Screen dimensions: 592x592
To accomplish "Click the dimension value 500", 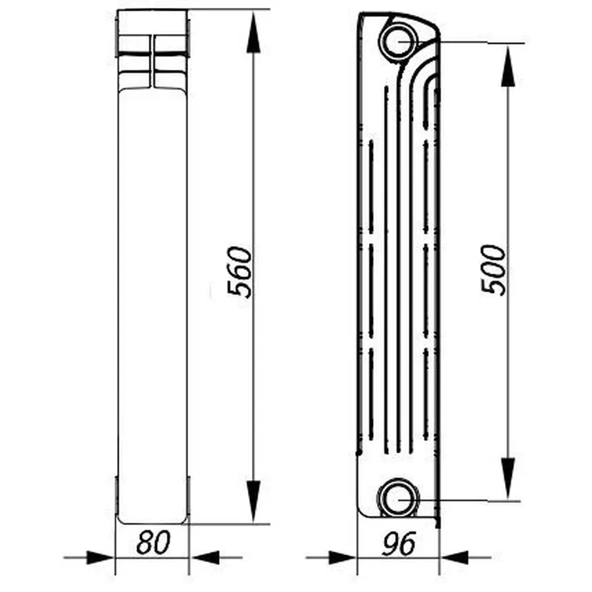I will click(x=494, y=270).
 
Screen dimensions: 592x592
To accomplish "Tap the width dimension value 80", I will click(x=153, y=543).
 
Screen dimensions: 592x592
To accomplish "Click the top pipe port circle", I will click(x=399, y=41).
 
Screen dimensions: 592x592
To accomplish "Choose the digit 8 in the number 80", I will click(x=145, y=543).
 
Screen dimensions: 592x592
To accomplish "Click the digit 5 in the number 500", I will click(x=494, y=287).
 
